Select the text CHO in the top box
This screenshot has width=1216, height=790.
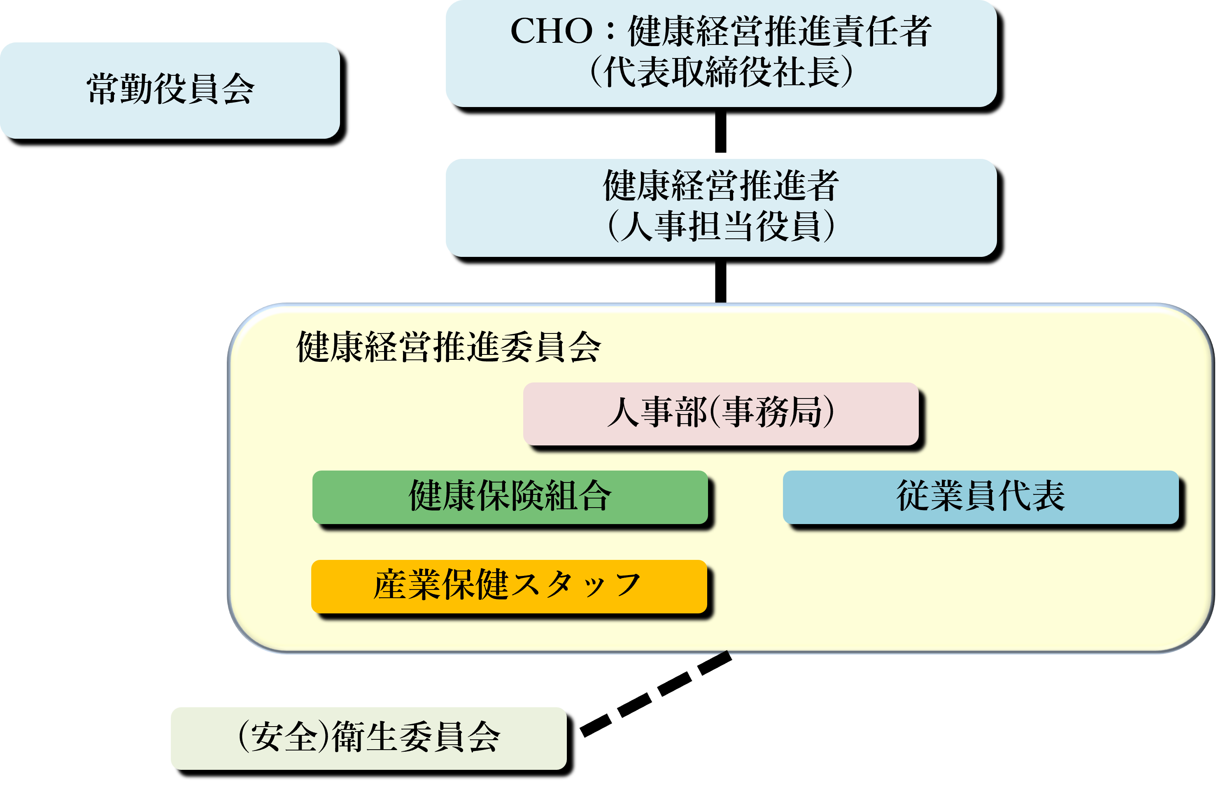(551, 31)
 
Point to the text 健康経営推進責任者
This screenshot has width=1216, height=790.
(779, 31)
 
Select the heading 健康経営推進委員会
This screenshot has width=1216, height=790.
(449, 347)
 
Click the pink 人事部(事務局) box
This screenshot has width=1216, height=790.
(720, 413)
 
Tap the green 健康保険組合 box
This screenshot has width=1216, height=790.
(510, 496)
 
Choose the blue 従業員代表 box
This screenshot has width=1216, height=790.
(981, 496)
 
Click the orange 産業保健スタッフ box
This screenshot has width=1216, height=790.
(509, 585)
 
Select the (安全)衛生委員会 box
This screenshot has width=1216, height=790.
(368, 737)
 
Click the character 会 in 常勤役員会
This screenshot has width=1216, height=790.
(238, 90)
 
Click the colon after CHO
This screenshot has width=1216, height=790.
(610, 32)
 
